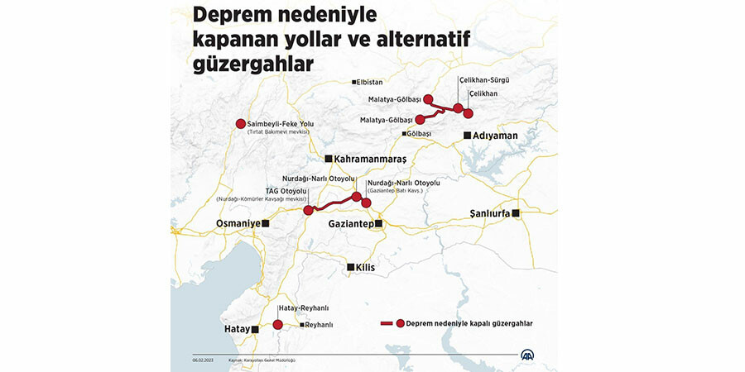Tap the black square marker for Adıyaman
pos(468,135)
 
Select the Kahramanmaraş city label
pos(372,158)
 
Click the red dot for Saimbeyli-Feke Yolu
pos(241,124)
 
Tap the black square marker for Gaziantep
pos(378,223)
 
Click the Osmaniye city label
pos(238,223)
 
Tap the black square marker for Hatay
pos(255,329)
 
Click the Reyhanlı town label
pos(319,326)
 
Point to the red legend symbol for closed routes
pos(392,324)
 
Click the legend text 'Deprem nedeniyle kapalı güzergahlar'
pos(469,324)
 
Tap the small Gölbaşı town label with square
pos(418,133)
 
